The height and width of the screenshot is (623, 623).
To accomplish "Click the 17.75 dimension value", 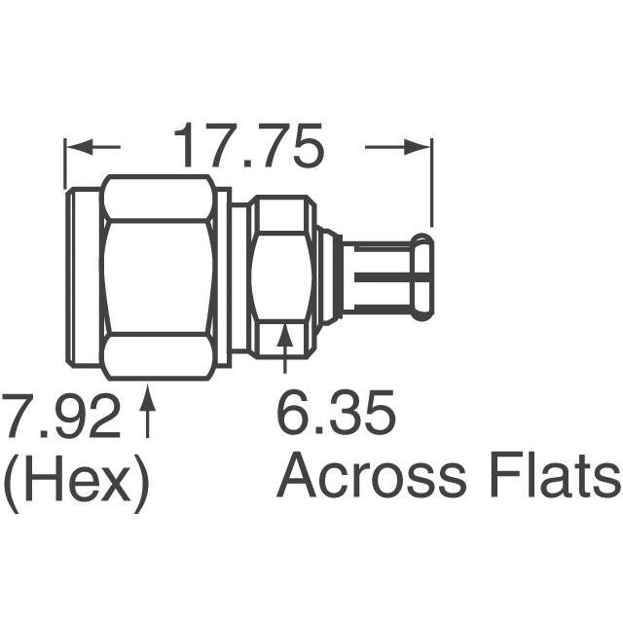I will tap(247, 146).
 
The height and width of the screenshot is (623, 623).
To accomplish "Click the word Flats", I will tap(567, 478).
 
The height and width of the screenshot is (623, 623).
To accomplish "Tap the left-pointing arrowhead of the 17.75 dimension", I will tap(76, 148).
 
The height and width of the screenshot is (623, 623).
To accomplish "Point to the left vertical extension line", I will tap(64, 165).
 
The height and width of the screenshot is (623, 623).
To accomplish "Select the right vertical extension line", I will tap(432, 185).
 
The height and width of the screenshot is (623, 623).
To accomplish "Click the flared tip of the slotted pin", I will tap(422, 278).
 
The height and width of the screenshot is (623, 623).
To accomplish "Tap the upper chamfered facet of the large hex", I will tap(158, 199).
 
